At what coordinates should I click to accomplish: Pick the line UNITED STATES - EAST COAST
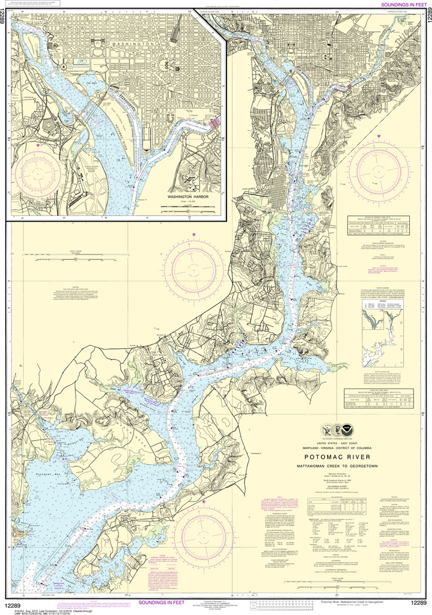(x=338, y=443)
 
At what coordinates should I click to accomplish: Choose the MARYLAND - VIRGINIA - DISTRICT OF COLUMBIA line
(x=338, y=448)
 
